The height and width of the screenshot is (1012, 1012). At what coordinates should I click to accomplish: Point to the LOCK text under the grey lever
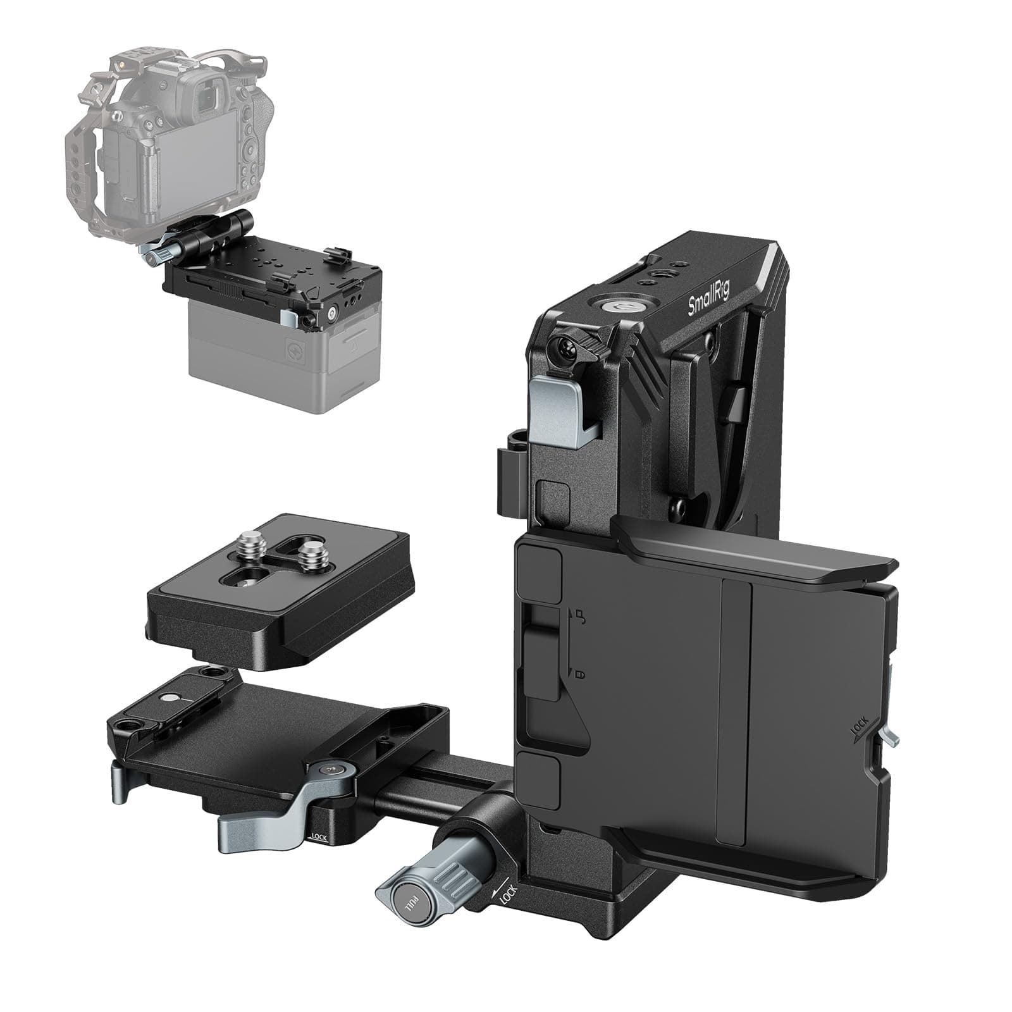pyautogui.click(x=319, y=837)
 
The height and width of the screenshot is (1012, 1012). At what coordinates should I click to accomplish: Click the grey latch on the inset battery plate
pyautogui.click(x=289, y=316)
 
